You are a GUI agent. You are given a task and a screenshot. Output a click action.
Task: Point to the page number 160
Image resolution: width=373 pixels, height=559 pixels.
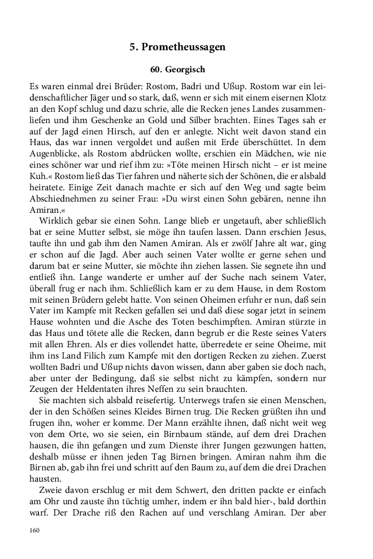click(x=35, y=530)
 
